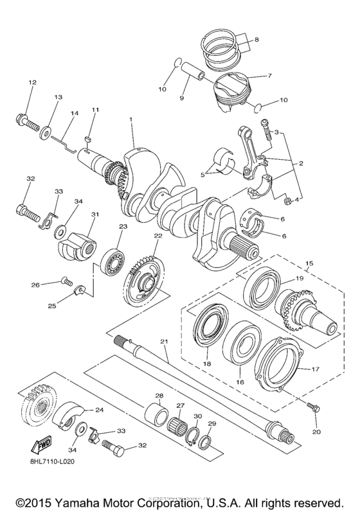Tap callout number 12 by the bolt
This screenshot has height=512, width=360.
[x=32, y=82]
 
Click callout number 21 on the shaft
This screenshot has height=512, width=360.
[x=164, y=340]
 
